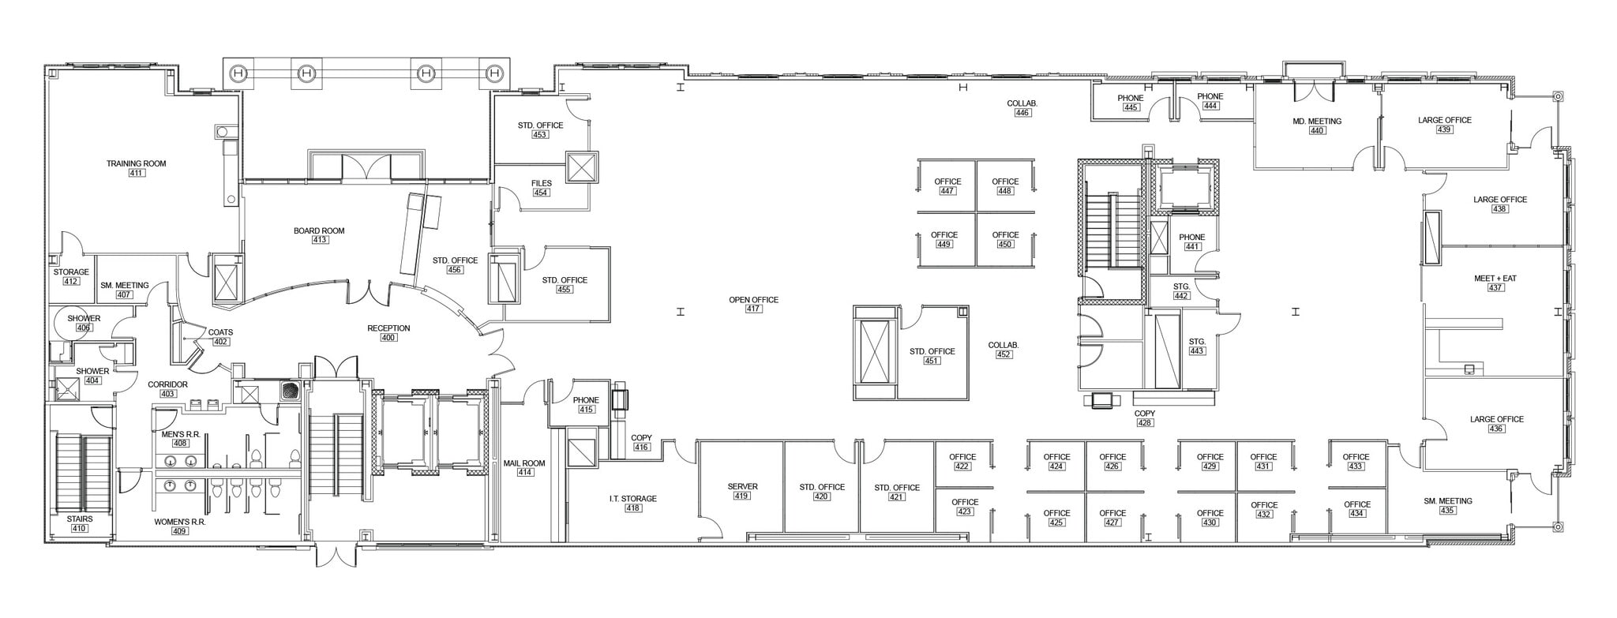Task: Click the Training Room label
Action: pos(137,163)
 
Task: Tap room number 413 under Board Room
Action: pos(319,240)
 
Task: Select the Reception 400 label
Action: pos(388,332)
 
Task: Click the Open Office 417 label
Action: pos(753,304)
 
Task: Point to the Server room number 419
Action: pos(742,496)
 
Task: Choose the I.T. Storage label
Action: pos(632,499)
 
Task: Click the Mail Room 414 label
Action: pos(524,467)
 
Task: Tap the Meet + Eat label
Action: pos(1495,279)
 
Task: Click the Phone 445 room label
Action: pos(1131,103)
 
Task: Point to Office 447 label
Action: pos(947,185)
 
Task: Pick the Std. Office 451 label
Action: pos(932,356)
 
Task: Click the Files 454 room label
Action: pos(541,187)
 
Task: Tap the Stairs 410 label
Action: pos(79,522)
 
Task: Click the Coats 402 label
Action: pos(220,336)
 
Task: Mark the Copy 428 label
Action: pos(1144,418)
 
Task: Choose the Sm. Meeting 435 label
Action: pos(1447,505)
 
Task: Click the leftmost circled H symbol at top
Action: pos(238,73)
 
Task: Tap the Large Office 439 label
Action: pos(1444,125)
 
